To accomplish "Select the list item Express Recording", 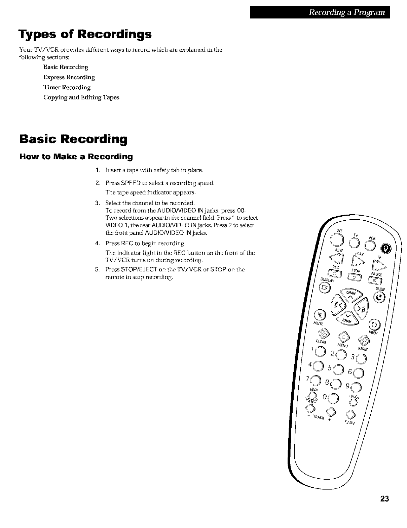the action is click(69, 77).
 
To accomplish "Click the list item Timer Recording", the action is click(67, 87).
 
